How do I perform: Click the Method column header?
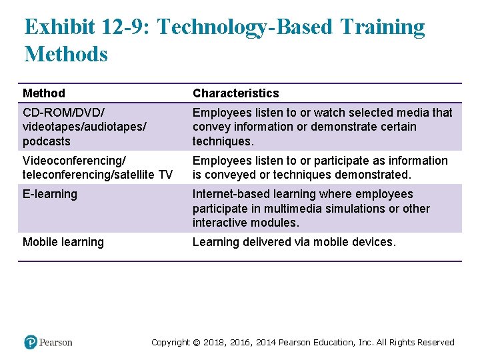click(x=44, y=93)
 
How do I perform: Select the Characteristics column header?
click(x=235, y=93)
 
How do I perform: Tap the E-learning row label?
click(x=50, y=194)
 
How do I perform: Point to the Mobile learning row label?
click(x=63, y=242)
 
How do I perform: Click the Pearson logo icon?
click(x=30, y=342)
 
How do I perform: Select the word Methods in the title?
click(x=65, y=54)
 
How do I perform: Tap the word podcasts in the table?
click(x=46, y=141)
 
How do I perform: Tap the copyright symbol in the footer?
click(x=197, y=343)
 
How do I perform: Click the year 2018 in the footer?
click(x=214, y=343)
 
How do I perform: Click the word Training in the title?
click(x=382, y=28)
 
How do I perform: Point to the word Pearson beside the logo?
click(x=55, y=343)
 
